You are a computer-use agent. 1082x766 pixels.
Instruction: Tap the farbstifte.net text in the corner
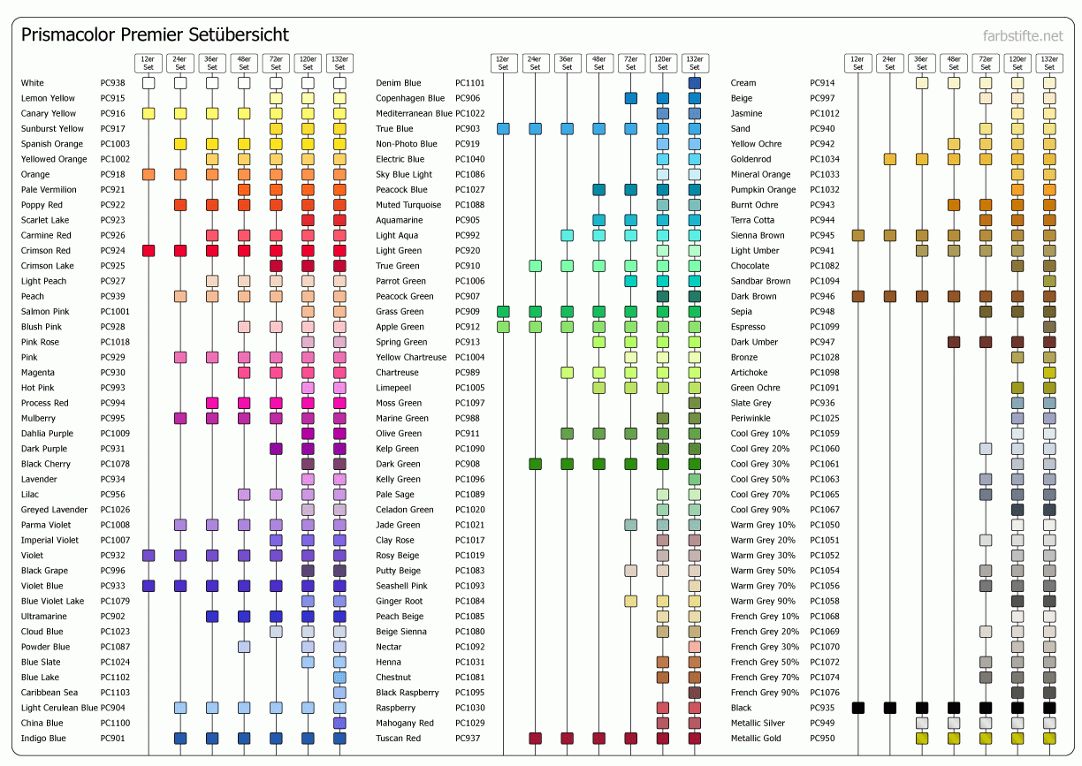coord(1023,36)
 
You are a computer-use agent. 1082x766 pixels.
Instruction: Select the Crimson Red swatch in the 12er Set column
coord(149,251)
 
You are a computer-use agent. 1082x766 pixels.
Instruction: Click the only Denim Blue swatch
coord(694,83)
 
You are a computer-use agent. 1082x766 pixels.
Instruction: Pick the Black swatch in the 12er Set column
coord(857,708)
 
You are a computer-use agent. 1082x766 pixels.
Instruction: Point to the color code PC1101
coord(469,83)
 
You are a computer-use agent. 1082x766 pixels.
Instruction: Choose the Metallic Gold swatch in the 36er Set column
coord(921,739)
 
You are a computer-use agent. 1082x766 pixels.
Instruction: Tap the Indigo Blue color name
coord(43,739)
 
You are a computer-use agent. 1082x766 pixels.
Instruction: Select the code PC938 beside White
coord(112,83)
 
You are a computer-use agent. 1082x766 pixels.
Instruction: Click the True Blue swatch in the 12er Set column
coord(503,129)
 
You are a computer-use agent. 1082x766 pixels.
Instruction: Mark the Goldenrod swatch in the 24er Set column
coord(889,159)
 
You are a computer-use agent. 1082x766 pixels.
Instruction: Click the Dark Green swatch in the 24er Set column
coord(535,464)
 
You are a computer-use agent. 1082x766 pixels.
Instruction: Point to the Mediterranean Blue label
coord(414,113)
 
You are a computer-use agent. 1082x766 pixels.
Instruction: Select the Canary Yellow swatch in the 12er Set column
coord(149,113)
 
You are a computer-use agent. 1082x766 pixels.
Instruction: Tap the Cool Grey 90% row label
coord(760,510)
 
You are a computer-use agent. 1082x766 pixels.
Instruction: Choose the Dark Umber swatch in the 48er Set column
coord(953,342)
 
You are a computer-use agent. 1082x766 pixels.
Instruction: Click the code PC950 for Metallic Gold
coord(822,739)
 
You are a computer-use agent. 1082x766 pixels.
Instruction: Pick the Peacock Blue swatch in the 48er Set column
coord(598,190)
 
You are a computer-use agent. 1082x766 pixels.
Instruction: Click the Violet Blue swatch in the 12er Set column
coord(149,586)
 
